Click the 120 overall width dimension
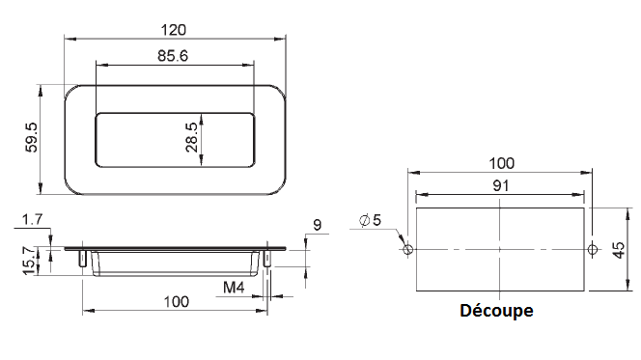pos(176,30)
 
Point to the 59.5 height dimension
pos(32,139)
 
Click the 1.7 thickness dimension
pos(32,220)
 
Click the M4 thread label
pos(233,287)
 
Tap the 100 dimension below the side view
pos(175,301)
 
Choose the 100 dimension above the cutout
pos(501,162)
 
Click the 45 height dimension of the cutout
pos(620,248)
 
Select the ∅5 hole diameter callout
pos(370,220)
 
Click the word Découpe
pos(496,312)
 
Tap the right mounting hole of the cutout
pos(592,249)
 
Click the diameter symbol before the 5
pos(363,221)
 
